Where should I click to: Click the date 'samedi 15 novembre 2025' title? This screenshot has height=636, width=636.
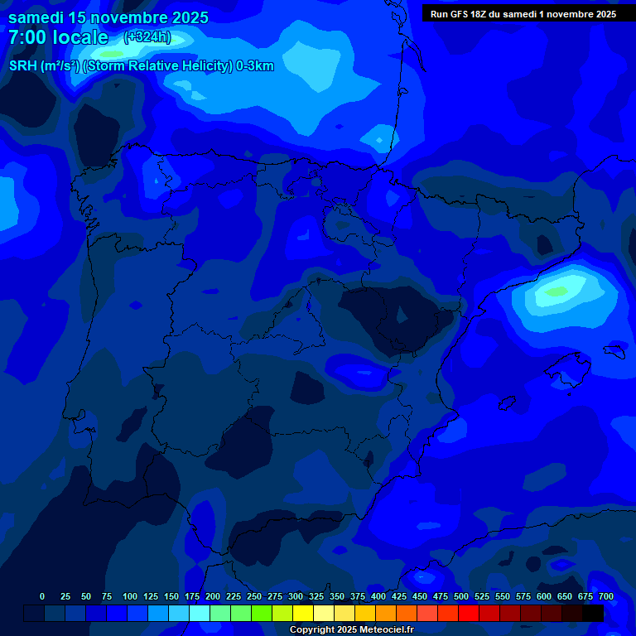[108, 17]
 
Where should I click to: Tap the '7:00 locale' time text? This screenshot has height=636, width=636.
[58, 37]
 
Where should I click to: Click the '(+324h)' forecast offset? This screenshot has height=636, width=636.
[147, 37]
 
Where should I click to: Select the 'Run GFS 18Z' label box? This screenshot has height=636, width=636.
[523, 14]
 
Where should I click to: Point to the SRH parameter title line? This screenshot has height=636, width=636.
[141, 66]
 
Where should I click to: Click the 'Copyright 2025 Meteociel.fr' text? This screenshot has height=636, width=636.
[351, 629]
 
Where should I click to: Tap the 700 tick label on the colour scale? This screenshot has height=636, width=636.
[605, 596]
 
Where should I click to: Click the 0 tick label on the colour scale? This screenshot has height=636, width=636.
[42, 596]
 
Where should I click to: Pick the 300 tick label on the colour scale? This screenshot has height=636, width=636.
[296, 596]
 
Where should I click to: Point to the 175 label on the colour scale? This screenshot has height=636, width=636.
[192, 596]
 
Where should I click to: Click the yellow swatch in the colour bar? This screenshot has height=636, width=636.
[303, 613]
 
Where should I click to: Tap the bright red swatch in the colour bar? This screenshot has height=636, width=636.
[469, 613]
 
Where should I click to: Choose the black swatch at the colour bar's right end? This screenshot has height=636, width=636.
[593, 613]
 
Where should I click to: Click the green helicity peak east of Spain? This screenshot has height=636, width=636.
[556, 291]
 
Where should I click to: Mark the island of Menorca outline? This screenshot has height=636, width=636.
[614, 349]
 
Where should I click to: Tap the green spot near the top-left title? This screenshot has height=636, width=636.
[110, 54]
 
